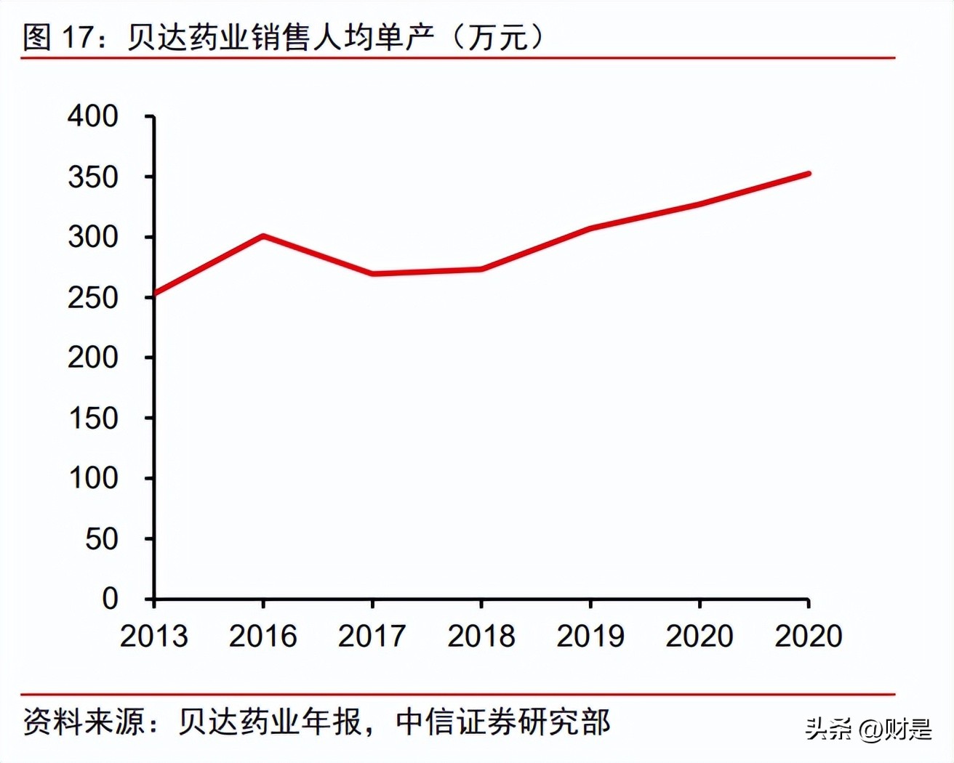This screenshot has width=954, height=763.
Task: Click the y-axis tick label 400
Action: (92, 116)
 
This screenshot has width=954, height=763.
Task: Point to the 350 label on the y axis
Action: (92, 177)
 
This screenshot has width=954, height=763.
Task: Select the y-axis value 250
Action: (92, 297)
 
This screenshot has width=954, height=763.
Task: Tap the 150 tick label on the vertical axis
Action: (92, 419)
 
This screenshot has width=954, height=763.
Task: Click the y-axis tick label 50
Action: (101, 539)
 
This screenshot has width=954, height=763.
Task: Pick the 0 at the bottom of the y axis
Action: (110, 599)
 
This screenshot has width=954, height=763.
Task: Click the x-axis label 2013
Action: (153, 637)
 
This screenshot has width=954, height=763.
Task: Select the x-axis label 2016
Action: (262, 637)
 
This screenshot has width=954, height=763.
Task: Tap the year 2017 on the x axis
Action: (372, 637)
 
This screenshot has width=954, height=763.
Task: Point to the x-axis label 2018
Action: (481, 637)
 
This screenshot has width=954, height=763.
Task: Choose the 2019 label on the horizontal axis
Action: (590, 637)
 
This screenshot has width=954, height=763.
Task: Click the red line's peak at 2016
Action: (262, 236)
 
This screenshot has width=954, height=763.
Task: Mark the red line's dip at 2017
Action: (372, 274)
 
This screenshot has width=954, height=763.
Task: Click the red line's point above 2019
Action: (590, 228)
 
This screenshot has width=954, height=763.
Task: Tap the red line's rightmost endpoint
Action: (808, 174)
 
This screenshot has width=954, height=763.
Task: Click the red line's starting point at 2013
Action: (154, 295)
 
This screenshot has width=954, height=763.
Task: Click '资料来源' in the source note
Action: (83, 722)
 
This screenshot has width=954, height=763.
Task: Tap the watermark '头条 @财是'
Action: (868, 729)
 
